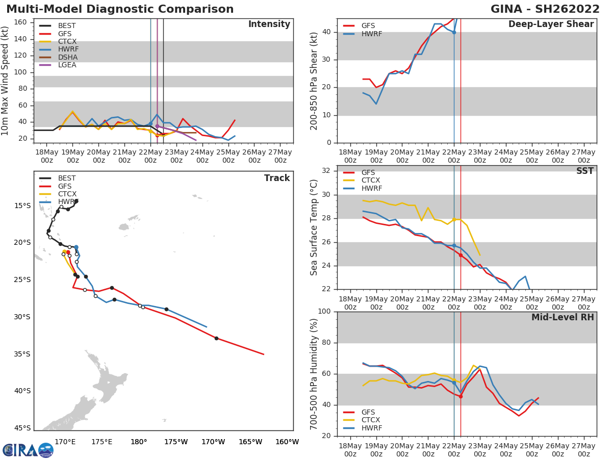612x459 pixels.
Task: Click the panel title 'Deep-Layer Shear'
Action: tap(551, 24)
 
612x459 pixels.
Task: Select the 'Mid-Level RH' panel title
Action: tap(563, 317)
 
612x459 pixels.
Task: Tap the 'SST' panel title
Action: tap(584, 171)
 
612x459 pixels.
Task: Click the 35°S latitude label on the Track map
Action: tap(22, 354)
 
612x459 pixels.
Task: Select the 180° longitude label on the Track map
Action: tap(139, 442)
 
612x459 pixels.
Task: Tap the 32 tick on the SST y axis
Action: tap(326, 171)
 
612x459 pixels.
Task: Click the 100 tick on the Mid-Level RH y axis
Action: tap(324, 312)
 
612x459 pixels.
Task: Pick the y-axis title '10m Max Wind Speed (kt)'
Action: tap(6, 81)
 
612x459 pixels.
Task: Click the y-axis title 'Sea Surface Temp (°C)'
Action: tap(314, 227)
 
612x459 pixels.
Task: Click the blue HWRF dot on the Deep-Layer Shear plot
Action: tap(454, 32)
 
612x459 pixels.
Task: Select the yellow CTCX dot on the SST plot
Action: tap(454, 220)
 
